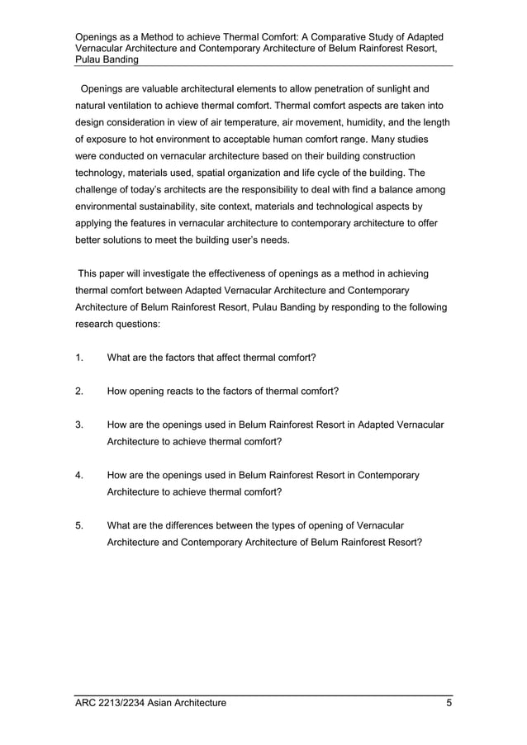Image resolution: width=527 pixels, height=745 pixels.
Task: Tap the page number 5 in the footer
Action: click(x=449, y=704)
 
